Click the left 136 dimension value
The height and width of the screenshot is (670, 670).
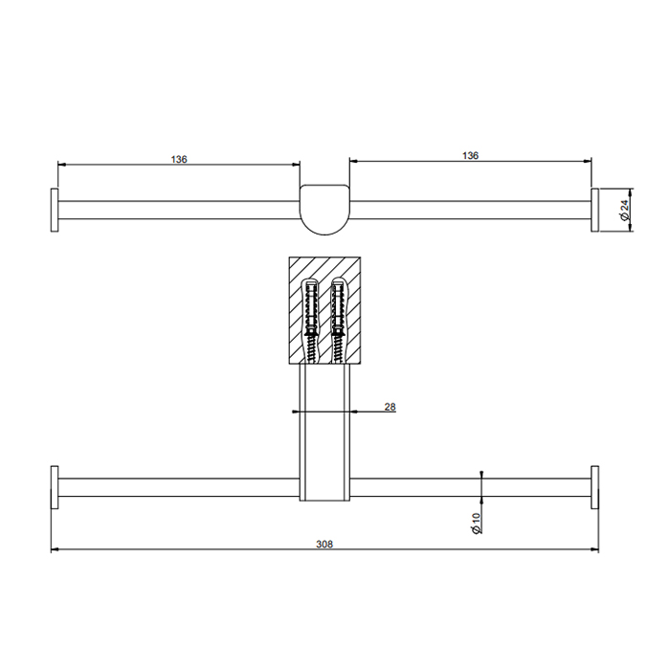pyautogui.click(x=179, y=159)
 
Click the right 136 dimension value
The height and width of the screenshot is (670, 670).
pyautogui.click(x=470, y=154)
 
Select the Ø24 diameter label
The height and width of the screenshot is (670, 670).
pyautogui.click(x=623, y=210)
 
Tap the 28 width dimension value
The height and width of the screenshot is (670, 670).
pyautogui.click(x=390, y=407)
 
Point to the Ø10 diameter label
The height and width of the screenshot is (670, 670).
pyautogui.click(x=475, y=523)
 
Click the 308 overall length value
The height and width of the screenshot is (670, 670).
pyautogui.click(x=324, y=544)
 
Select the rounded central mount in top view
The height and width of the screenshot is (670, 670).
pyautogui.click(x=324, y=208)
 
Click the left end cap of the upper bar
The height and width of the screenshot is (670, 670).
pyautogui.click(x=56, y=210)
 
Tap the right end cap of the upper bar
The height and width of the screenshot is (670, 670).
pyautogui.click(x=594, y=210)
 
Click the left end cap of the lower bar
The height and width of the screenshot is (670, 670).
pyautogui.click(x=56, y=488)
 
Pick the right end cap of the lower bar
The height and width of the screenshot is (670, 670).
pyautogui.click(x=594, y=488)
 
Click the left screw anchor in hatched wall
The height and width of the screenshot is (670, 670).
pyautogui.click(x=311, y=319)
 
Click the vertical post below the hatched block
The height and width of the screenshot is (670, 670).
pyautogui.click(x=324, y=431)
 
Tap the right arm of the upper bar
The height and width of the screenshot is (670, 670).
pyautogui.click(x=469, y=210)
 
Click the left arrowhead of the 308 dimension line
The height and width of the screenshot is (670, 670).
pyautogui.click(x=55, y=550)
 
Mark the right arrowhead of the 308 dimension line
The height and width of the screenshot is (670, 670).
pyautogui.click(x=595, y=550)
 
